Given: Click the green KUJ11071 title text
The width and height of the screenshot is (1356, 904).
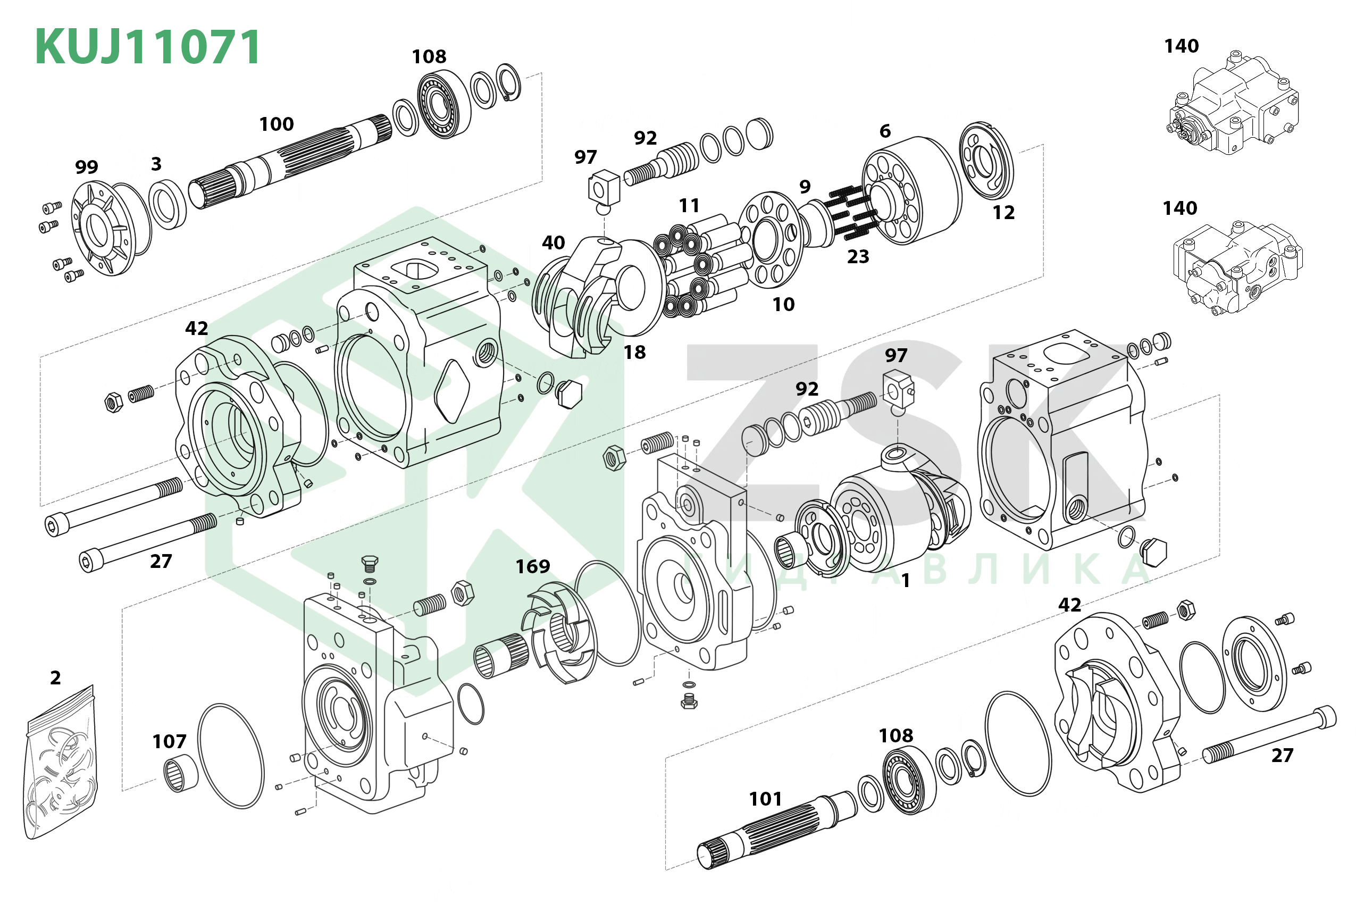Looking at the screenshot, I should coord(148,47).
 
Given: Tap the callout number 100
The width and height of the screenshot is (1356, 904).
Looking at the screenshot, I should coord(276,124).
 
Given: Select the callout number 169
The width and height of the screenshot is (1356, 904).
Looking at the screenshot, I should coord(532,567).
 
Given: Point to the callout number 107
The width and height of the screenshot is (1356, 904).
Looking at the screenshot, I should coord(169,741).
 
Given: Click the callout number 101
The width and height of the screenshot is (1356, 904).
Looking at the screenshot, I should coord(765,799).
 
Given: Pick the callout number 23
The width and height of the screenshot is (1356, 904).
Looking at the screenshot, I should coord(857,256).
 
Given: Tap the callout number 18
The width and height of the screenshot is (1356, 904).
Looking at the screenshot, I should coord(634,352).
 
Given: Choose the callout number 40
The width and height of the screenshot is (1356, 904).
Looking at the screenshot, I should coord(553,242).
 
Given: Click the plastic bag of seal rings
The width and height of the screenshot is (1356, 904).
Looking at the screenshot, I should coord(61,764).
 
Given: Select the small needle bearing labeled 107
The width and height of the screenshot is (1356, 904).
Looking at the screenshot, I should coord(180,775).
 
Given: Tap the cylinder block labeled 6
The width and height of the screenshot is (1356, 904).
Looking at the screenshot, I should coord(911,190).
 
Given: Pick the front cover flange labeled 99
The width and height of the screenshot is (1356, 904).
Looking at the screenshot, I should coord(104,228).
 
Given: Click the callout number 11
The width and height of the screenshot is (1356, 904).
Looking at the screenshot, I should coord(689,206).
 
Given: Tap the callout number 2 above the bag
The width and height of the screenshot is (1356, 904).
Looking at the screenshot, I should coord(55,678).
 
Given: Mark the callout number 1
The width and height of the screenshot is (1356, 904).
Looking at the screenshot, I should coord(905,581).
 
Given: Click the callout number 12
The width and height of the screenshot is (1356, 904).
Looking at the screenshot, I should coord(1003,213).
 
